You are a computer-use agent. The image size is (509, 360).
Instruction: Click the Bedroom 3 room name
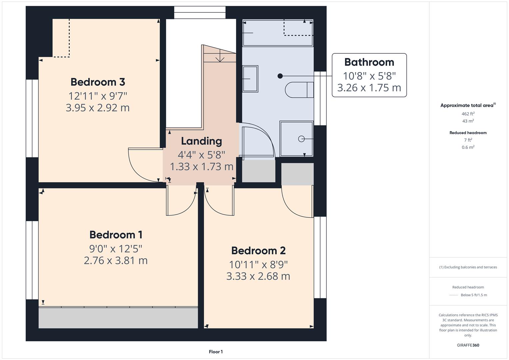click(x=98, y=82)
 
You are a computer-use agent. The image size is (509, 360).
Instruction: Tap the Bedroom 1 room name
click(x=116, y=235)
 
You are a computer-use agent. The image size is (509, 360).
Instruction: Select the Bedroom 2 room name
click(x=258, y=250)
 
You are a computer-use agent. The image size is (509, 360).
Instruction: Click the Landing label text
click(x=201, y=141)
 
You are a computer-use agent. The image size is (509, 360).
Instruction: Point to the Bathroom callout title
click(x=369, y=62)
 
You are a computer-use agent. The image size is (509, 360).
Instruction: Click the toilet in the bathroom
click(x=299, y=90)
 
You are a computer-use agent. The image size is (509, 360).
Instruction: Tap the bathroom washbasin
click(x=250, y=79)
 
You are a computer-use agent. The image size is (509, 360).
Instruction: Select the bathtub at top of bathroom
click(x=278, y=33)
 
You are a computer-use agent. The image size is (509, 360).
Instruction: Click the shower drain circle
click(x=301, y=139)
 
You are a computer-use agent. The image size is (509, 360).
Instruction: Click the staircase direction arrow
click(x=220, y=58)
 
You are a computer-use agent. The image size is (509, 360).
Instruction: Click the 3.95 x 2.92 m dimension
click(x=98, y=108)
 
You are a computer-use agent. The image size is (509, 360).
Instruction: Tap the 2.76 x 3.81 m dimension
click(x=116, y=260)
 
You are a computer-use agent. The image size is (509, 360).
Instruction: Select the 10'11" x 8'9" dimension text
click(x=258, y=264)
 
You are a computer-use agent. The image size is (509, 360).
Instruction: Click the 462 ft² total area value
click(x=468, y=114)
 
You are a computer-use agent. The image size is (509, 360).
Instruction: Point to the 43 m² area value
click(x=468, y=121)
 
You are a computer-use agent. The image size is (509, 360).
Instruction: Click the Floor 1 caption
click(x=216, y=352)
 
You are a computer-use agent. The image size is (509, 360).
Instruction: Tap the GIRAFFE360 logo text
click(x=468, y=345)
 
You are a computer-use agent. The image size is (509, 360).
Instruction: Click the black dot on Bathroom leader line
click(x=280, y=76)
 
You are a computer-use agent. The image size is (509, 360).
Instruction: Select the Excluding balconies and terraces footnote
click(x=468, y=267)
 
